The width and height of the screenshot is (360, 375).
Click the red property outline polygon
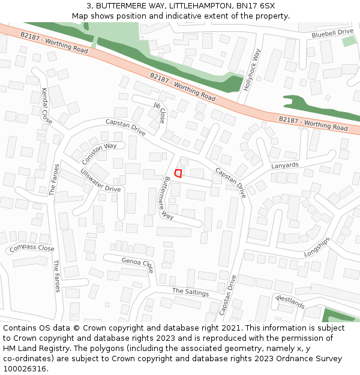pos(178,173)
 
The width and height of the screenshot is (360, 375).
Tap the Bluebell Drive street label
pos(332,34)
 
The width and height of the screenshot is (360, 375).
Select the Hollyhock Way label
pos(253,70)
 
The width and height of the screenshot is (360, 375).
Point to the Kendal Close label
pos(46,106)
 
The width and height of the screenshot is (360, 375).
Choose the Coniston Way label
pos(100,154)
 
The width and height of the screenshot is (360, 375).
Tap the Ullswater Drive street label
pos(100,181)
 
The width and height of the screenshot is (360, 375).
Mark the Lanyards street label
pos(284,165)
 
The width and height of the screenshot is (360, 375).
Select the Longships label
pos(317,247)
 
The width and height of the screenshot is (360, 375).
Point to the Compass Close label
pos(32,248)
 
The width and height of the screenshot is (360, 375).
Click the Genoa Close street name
pos(137,264)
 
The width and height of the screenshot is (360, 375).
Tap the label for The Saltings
pos(190,292)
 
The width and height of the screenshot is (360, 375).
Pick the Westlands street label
pos(290,301)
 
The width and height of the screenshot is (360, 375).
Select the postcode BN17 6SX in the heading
pos(256,6)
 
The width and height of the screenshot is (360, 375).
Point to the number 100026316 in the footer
pos(25,368)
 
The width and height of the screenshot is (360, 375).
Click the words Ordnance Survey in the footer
pos(314,359)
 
